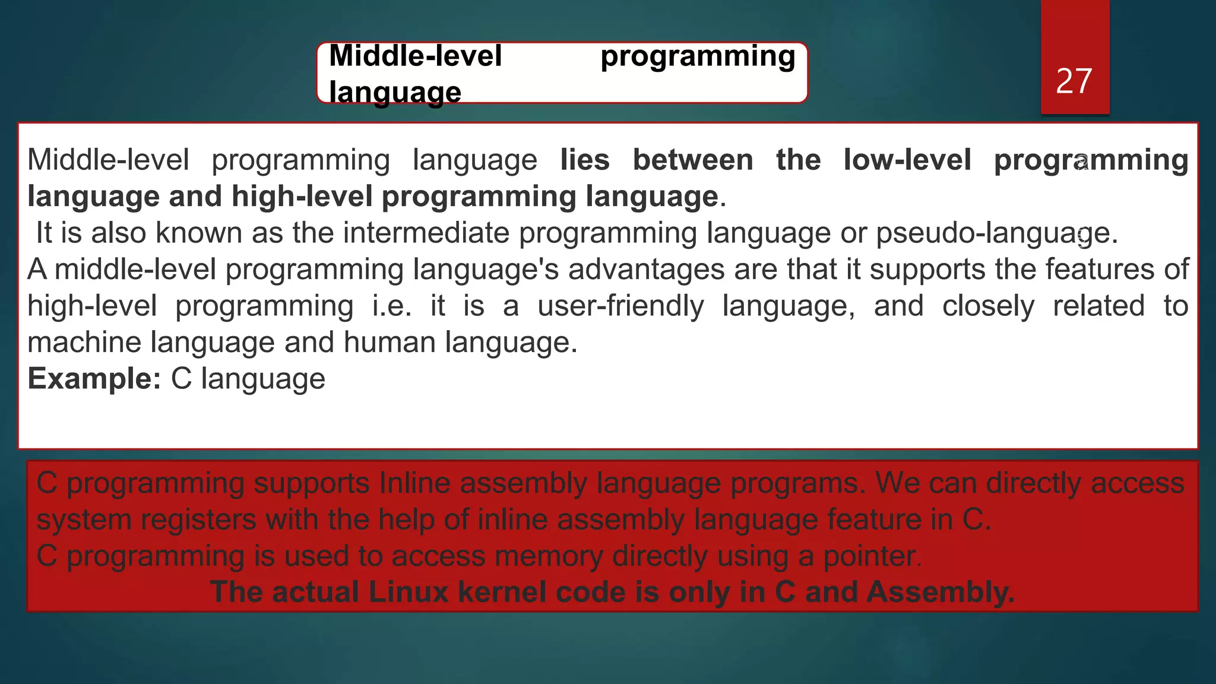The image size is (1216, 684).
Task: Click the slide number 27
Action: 1073,81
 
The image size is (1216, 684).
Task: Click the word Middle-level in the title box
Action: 416,56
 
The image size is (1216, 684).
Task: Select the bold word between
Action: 693,160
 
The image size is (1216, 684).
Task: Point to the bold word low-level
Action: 907,160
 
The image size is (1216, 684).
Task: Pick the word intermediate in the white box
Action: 426,233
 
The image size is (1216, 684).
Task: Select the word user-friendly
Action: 620,306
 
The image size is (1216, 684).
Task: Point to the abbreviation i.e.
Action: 391,306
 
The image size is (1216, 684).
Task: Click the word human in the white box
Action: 389,343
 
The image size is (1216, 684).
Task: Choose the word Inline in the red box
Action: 416,483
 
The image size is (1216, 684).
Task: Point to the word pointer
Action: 872,557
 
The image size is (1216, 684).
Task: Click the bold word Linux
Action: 408,593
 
